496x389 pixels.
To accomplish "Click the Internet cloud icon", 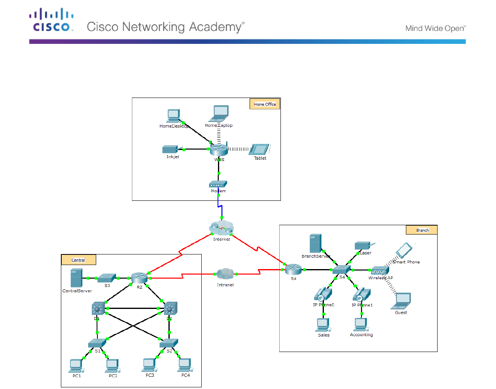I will tap(222, 228).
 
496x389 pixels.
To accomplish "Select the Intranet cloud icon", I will tap(225, 274).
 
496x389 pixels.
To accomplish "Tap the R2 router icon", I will tap(139, 278).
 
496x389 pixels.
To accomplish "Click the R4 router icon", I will tap(293, 269).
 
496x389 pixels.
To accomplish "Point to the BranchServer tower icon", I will tap(315, 244).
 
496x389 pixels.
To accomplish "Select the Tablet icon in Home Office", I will tap(259, 149).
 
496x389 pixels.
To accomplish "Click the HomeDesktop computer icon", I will tap(174, 116).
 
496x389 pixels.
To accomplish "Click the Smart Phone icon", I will tap(404, 250).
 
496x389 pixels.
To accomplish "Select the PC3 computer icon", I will tap(150, 365).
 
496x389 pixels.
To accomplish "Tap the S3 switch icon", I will tap(107, 278).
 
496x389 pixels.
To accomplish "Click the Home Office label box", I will tap(265, 104).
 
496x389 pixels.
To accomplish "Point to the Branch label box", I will tap(422, 230).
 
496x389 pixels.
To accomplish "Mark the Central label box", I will tap(78, 260).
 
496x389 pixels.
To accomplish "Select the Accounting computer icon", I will tap(361, 325).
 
